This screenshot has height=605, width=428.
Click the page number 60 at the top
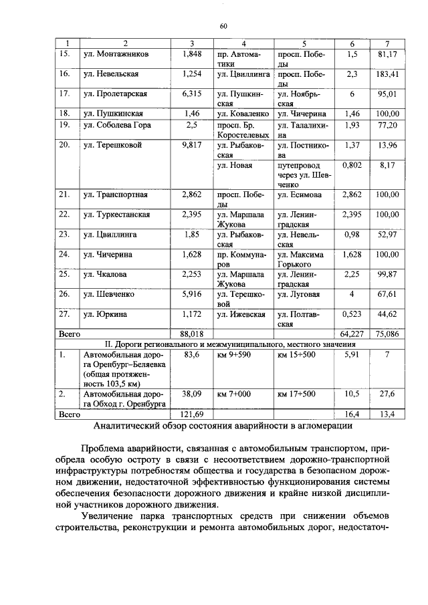click(x=224, y=26)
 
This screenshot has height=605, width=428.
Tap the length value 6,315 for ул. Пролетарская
click(x=192, y=94)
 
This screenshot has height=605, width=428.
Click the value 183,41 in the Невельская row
click(x=388, y=74)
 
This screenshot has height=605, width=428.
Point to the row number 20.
click(x=65, y=144)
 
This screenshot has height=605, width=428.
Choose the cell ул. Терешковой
click(x=112, y=144)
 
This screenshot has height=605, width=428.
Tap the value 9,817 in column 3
click(x=192, y=144)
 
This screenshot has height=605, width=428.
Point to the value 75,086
click(x=388, y=332)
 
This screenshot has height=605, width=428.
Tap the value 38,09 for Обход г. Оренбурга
click(x=192, y=394)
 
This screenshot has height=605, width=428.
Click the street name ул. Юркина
click(x=104, y=314)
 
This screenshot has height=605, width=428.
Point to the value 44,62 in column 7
click(x=388, y=314)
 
